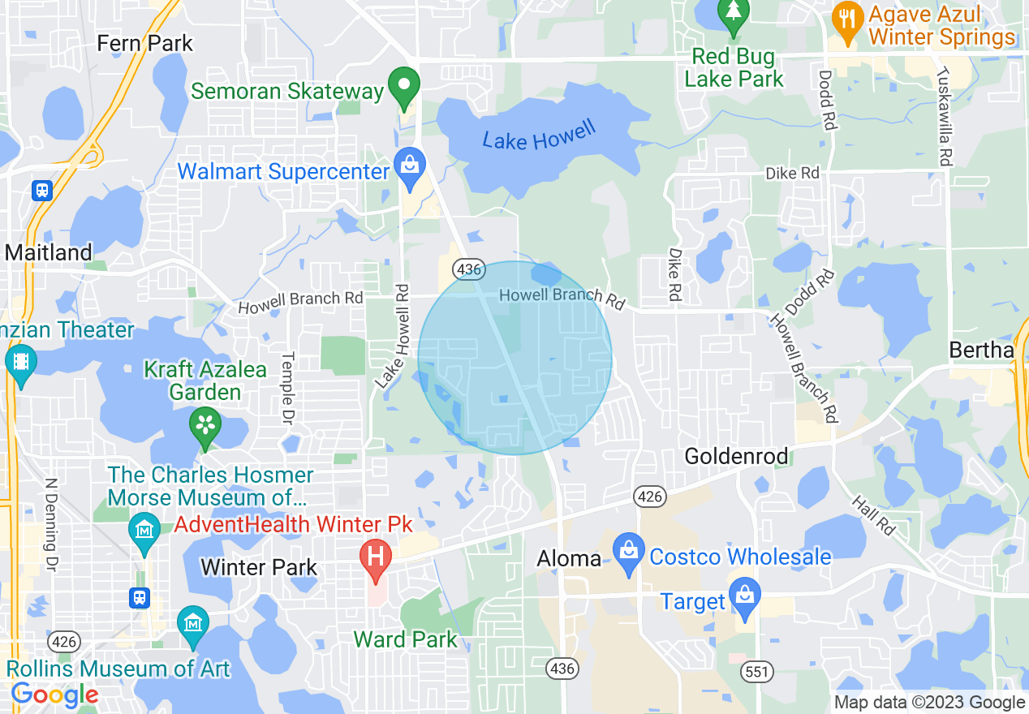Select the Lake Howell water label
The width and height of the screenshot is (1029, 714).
[539, 135]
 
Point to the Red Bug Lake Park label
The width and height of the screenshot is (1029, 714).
[734, 68]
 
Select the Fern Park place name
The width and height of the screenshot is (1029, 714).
[145, 42]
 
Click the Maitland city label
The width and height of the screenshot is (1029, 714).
[49, 252]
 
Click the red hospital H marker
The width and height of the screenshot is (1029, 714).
[376, 558]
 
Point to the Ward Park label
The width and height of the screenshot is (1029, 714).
[406, 639]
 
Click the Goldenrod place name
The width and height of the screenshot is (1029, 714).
[736, 456]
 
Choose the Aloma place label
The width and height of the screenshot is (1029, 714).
[569, 558]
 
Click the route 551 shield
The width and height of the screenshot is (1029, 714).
[756, 671]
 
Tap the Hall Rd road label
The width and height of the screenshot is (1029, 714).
[873, 515]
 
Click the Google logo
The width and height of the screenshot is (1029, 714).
[54, 695]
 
